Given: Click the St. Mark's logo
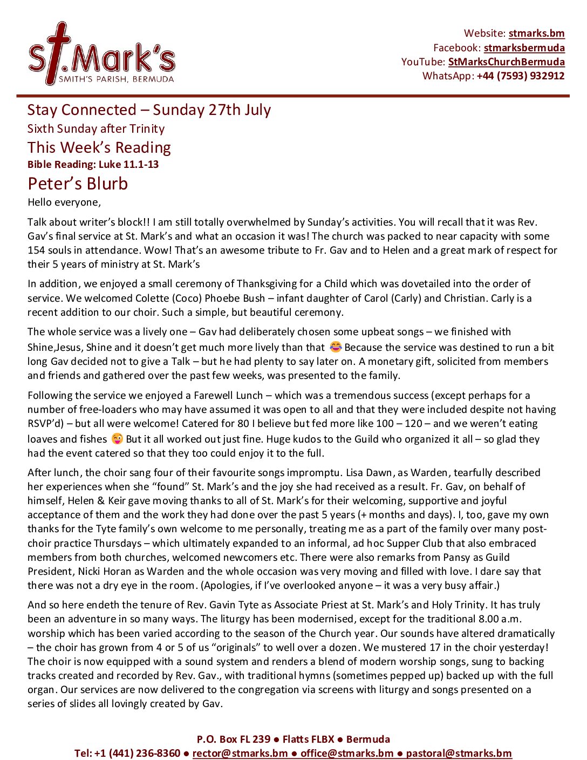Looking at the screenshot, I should [x=101, y=55].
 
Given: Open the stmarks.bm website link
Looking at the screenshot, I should [x=536, y=33].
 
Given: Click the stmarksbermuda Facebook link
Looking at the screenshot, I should [x=524, y=48].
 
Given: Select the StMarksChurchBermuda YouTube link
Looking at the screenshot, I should [x=506, y=62].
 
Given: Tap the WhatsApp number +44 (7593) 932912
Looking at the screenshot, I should [x=520, y=76].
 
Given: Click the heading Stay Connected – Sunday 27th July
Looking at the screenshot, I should [x=149, y=110].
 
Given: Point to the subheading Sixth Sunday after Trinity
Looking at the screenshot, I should [x=96, y=129].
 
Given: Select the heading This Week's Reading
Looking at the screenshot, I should [x=99, y=147].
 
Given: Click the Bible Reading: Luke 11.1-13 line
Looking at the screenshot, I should [x=93, y=165].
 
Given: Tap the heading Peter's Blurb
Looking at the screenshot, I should [x=78, y=184].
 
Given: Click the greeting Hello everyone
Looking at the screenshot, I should [x=64, y=203].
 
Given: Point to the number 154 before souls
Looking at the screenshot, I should [x=37, y=250].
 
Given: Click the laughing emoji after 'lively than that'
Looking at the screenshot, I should [x=336, y=347].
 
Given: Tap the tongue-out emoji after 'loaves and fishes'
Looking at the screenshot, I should [x=117, y=438].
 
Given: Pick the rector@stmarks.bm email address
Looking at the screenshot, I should [x=240, y=753].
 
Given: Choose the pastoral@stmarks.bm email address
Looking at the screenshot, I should [x=459, y=753].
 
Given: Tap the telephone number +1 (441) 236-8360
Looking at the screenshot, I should [x=137, y=753].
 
